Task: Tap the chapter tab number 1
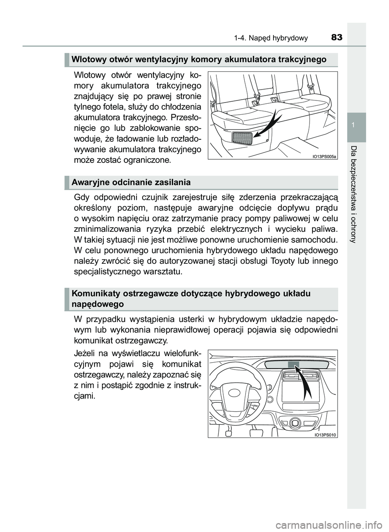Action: [357, 126]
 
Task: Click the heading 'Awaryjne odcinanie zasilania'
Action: [131, 182]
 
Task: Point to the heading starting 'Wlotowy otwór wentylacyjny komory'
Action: [199, 60]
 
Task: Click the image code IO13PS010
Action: [325, 434]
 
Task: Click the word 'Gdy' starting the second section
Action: [82, 197]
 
